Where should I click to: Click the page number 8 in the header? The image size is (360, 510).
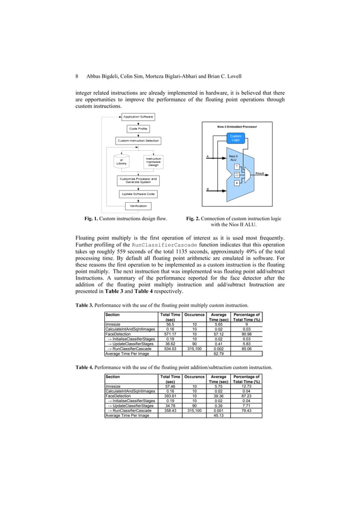coord(77,76)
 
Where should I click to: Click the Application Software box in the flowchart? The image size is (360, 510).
coord(138,117)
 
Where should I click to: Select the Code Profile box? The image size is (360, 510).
coord(138,129)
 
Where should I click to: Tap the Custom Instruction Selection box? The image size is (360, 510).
coord(138,141)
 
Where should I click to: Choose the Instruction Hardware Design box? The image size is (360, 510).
coord(153,161)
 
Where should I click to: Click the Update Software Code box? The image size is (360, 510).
coord(138,194)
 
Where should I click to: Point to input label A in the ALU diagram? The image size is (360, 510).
coord(208,156)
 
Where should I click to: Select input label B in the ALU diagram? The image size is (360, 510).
coord(208,190)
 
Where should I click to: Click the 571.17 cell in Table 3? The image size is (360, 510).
coord(170,333)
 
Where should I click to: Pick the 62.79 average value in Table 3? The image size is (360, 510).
coord(218,353)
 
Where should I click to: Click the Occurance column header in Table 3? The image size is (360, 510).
coord(194,315)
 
